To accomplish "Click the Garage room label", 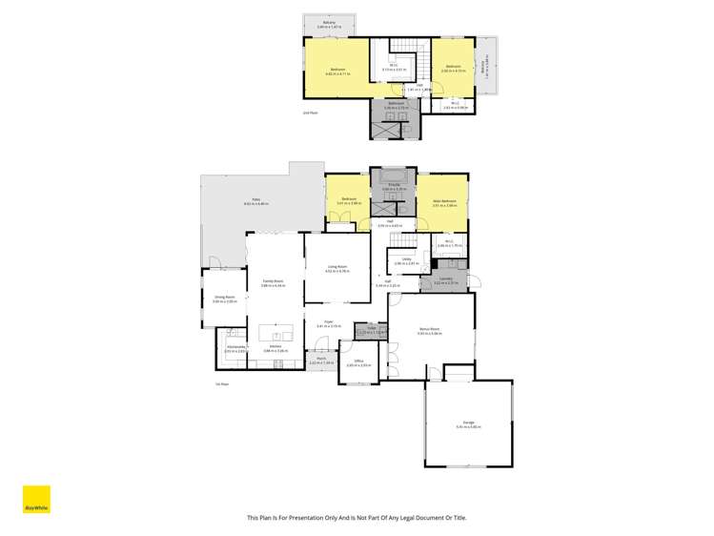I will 465,423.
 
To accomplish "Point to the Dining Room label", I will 225,298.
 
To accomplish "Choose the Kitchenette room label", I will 235,348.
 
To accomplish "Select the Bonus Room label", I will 429,329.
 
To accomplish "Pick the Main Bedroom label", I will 443,201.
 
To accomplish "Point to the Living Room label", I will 337,267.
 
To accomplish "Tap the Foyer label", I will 328,322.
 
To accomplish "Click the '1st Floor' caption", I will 222,383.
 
